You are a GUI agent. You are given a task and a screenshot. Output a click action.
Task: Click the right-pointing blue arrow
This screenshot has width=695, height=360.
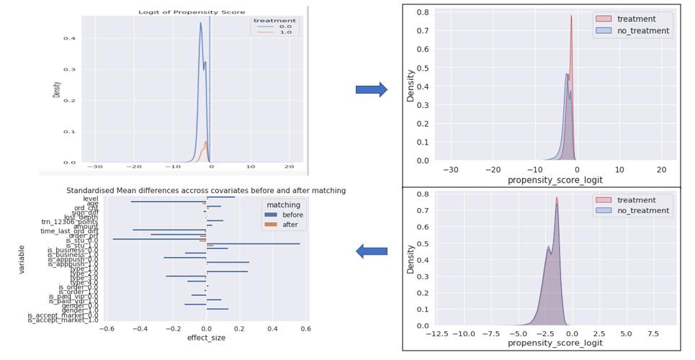click(371, 89)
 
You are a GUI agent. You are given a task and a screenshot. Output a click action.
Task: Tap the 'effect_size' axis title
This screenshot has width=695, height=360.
click(206, 338)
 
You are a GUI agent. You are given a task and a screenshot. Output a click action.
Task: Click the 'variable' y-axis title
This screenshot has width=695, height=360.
click(22, 260)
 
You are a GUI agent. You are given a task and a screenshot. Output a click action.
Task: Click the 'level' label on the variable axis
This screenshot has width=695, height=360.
click(91, 198)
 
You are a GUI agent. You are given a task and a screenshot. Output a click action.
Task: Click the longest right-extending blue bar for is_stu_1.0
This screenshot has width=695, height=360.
click(253, 244)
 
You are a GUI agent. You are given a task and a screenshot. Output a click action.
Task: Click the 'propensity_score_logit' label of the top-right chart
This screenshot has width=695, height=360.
click(555, 180)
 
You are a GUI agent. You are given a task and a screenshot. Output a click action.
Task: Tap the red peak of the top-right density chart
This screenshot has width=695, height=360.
click(571, 17)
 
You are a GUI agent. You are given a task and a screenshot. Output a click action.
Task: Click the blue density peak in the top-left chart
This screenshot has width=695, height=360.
click(201, 23)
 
